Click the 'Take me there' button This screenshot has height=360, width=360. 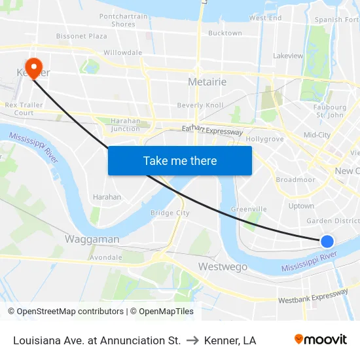pyautogui.click(x=180, y=160)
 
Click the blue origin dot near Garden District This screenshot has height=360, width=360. pyautogui.click(x=328, y=242)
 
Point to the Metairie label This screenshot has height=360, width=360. pyautogui.click(x=207, y=82)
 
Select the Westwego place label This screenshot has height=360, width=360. pyautogui.click(x=223, y=266)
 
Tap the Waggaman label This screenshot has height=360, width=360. pyautogui.click(x=92, y=239)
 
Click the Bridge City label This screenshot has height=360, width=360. pyautogui.click(x=170, y=213)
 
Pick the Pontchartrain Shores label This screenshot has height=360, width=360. pyautogui.click(x=118, y=20)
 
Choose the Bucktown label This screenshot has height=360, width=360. pyautogui.click(x=225, y=33)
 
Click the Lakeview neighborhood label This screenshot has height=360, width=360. pyautogui.click(x=289, y=56)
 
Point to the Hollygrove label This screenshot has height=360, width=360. pyautogui.click(x=264, y=139)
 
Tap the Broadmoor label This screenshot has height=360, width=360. pyautogui.click(x=296, y=179)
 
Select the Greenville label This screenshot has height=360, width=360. pyautogui.click(x=249, y=209)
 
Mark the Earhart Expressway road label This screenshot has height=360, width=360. pyautogui.click(x=212, y=131)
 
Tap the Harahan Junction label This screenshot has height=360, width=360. pyautogui.click(x=125, y=124)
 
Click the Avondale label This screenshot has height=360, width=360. pyautogui.click(x=106, y=257)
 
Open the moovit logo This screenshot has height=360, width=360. pyautogui.click(x=321, y=340)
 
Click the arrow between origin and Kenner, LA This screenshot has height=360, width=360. pyautogui.click(x=192, y=340)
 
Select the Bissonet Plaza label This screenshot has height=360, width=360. pyautogui.click(x=82, y=36)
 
